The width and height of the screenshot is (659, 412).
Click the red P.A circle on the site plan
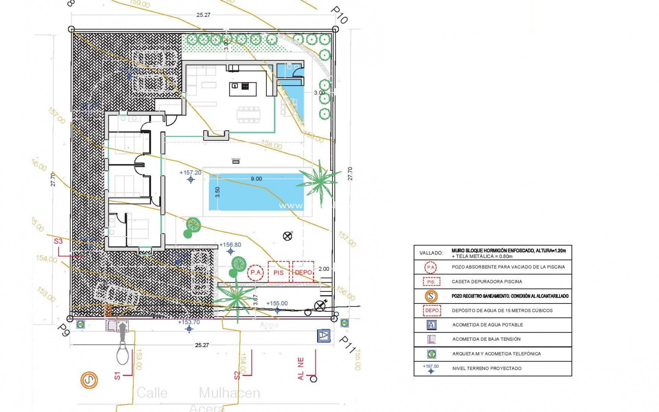click(255, 273)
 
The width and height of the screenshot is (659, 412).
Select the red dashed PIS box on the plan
click(278, 272)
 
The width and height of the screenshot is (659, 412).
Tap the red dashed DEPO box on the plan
click(303, 272)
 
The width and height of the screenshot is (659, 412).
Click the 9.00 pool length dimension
click(256, 179)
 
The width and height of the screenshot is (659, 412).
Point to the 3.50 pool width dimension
click(217, 192)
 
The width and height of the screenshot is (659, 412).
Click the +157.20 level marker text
click(190, 173)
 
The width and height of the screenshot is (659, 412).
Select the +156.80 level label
click(230, 245)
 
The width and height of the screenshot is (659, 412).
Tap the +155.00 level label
click(277, 304)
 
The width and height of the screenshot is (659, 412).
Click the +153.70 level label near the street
click(189, 322)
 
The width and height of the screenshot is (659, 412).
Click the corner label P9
click(63, 330)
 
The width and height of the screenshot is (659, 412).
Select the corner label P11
click(347, 344)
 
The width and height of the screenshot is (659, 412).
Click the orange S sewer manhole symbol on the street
click(89, 380)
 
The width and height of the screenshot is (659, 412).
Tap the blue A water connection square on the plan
click(323, 336)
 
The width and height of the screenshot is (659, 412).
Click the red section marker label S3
click(58, 241)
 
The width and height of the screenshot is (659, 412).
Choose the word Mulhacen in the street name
click(229, 393)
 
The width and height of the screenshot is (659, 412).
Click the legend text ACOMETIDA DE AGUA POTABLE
click(487, 325)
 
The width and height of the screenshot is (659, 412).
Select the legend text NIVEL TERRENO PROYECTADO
click(487, 368)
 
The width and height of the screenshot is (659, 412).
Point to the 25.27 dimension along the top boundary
click(203, 15)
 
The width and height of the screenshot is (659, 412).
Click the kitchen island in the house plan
click(243, 89)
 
